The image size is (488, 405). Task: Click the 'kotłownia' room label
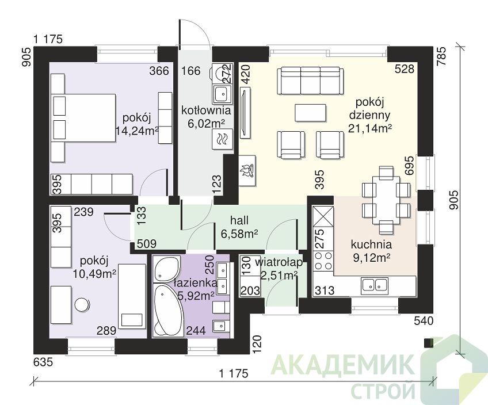[x=206, y=110]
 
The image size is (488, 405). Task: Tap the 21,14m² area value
[x=369, y=128]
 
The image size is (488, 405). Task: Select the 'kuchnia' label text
[x=371, y=245]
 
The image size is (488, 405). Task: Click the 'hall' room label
[x=239, y=220]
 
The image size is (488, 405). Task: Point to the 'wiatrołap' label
[x=279, y=262]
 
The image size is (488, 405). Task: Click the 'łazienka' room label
[x=195, y=283]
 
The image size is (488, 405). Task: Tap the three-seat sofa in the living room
[x=311, y=81]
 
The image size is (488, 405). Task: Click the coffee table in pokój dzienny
[x=311, y=113]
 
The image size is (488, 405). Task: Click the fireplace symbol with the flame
[x=247, y=170]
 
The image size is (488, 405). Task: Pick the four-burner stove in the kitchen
[x=323, y=261]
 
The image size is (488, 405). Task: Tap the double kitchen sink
[x=375, y=285]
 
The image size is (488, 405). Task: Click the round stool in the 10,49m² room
[x=82, y=304]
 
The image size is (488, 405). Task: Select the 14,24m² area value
[x=137, y=131]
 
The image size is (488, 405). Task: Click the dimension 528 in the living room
[x=405, y=68]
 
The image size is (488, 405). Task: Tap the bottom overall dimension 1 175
[x=234, y=373]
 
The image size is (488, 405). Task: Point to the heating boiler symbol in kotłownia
[x=222, y=139]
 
